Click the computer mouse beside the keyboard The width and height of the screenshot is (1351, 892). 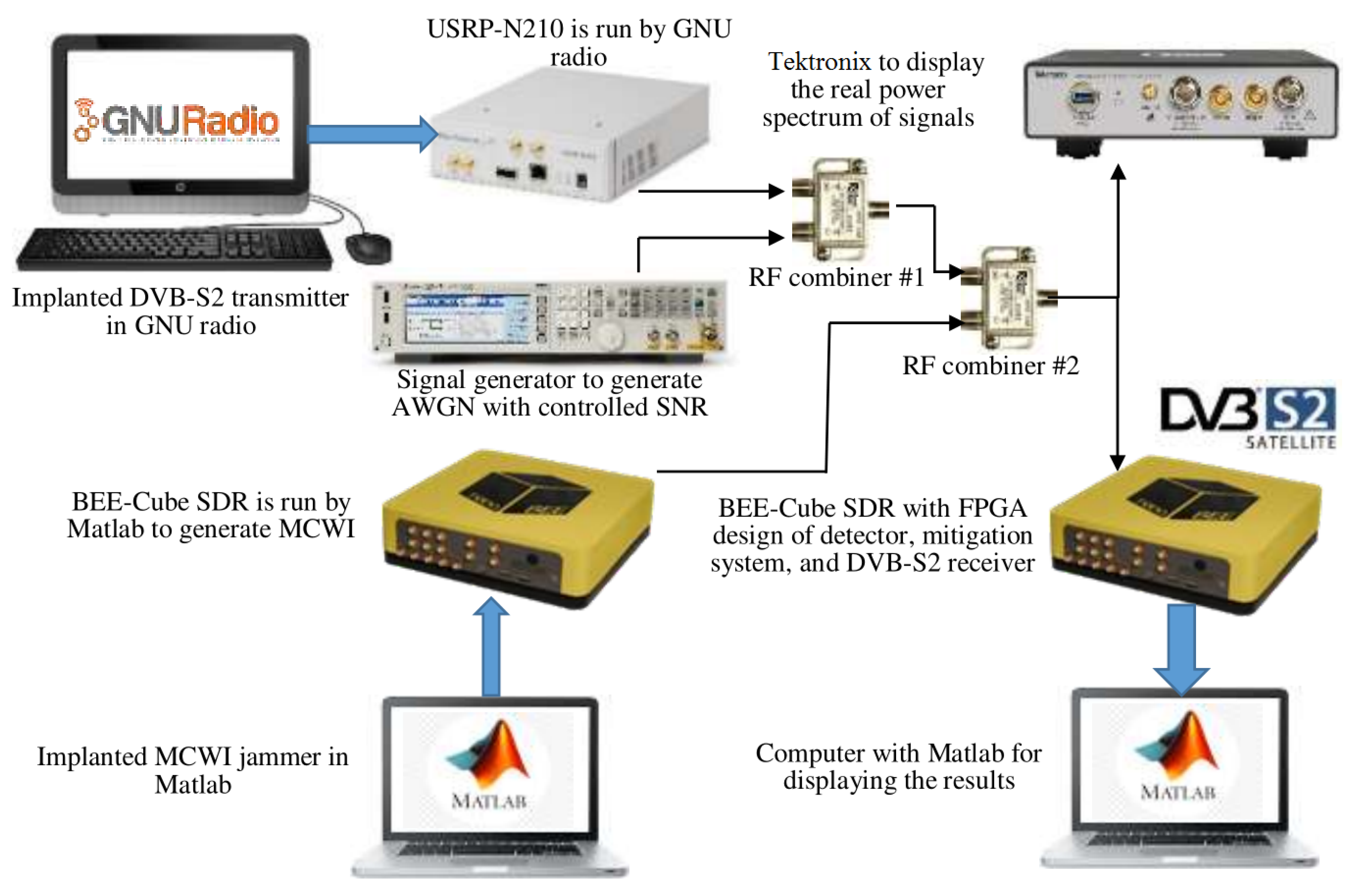click(369, 248)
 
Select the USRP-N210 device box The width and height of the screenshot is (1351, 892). click(569, 136)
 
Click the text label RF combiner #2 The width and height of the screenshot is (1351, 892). click(990, 366)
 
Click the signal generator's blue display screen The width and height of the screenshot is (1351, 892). click(466, 318)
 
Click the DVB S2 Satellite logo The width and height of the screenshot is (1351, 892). click(1249, 417)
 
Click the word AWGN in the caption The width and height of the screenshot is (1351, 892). click(432, 407)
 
